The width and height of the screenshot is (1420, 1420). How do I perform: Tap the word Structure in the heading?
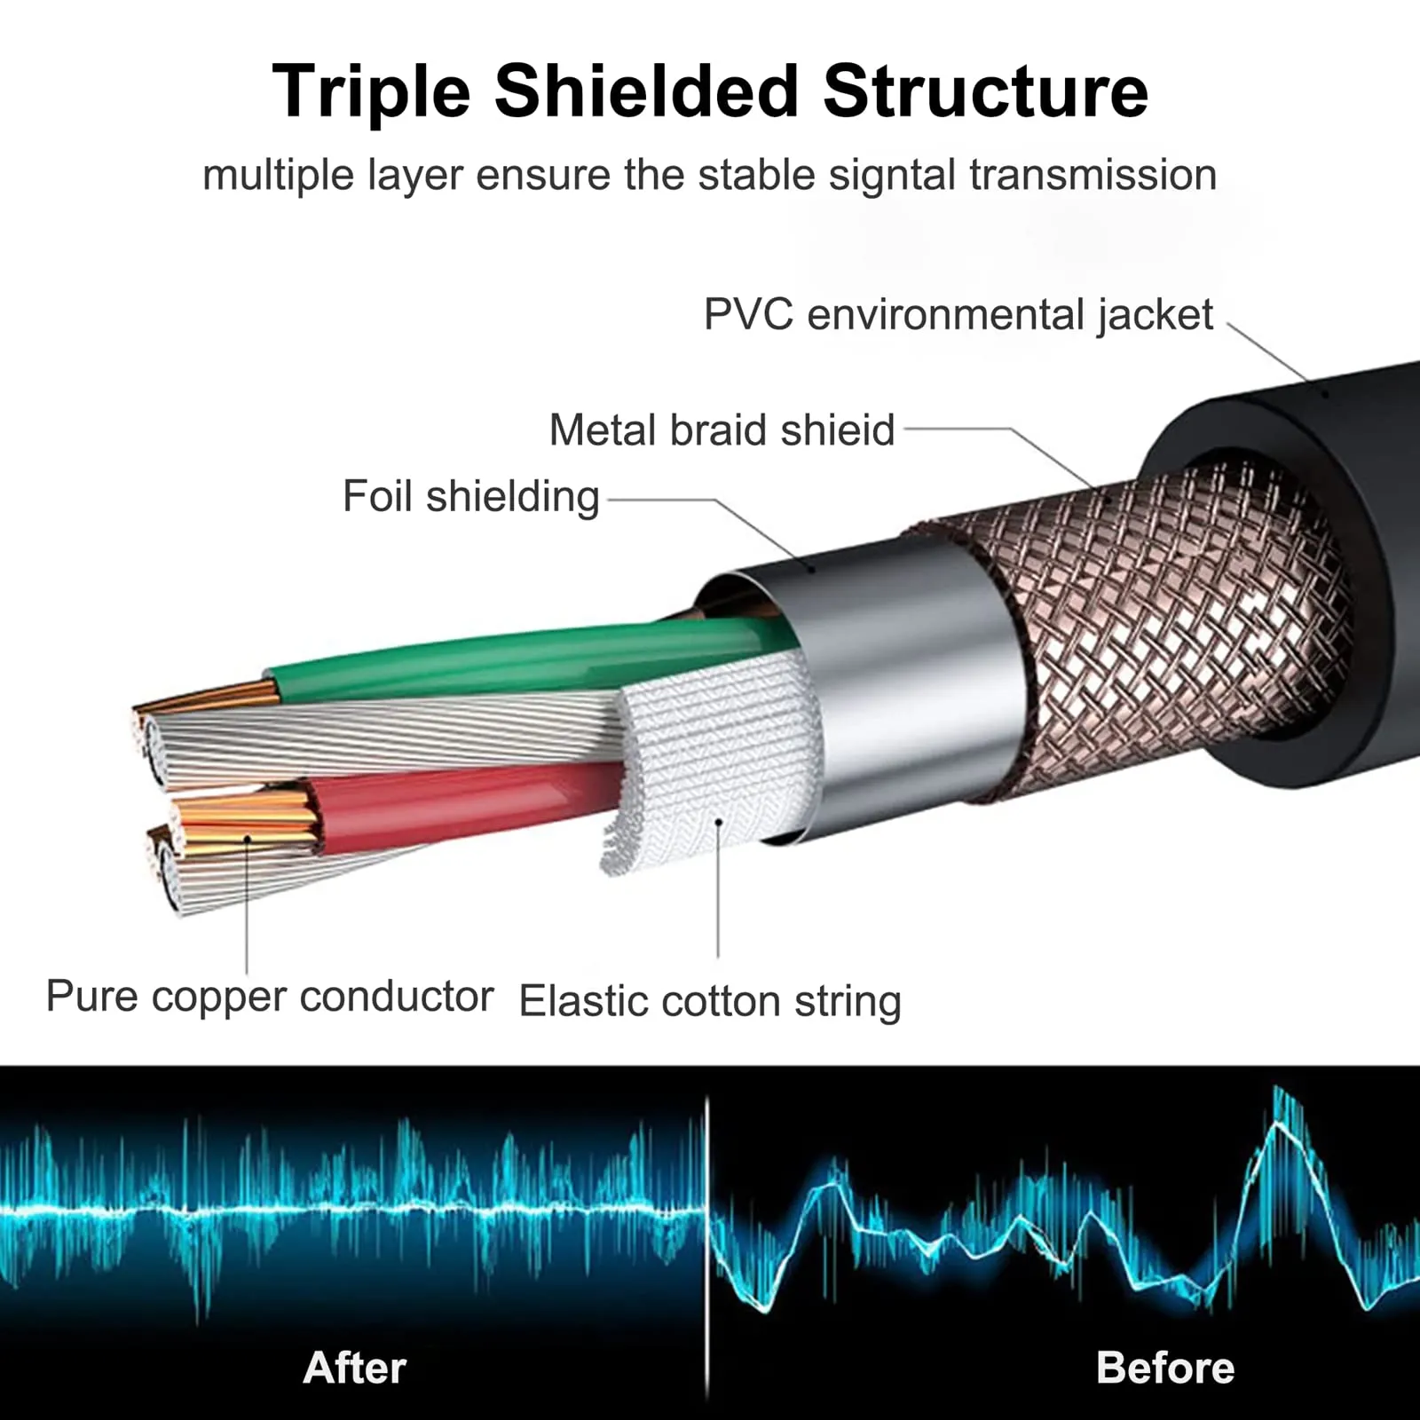tap(985, 91)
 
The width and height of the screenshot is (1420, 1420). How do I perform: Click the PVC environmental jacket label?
tap(958, 315)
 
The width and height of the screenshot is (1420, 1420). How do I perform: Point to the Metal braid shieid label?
tap(722, 430)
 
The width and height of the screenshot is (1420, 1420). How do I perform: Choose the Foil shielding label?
tap(471, 497)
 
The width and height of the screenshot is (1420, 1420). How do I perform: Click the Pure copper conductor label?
tap(270, 997)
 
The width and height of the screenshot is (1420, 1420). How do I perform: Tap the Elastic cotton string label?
tap(710, 1002)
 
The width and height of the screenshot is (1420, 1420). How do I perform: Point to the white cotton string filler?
tap(710, 763)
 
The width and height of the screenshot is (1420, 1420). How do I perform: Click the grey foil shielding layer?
tap(887, 692)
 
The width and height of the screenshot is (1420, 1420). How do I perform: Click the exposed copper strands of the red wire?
tap(244, 821)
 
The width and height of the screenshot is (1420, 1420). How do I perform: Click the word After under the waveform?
tap(355, 1368)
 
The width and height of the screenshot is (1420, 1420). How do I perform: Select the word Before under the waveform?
tap(1165, 1368)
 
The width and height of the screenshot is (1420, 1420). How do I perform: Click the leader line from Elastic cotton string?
tap(718, 887)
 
